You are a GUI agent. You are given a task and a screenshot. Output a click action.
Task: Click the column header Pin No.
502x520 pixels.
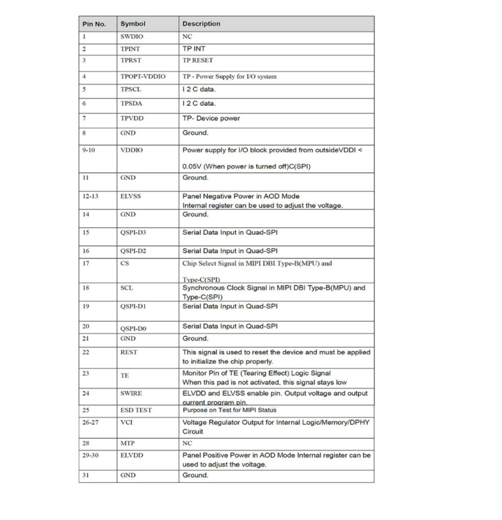[x=94, y=24]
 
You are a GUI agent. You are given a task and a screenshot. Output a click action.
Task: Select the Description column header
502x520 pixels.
[x=201, y=24]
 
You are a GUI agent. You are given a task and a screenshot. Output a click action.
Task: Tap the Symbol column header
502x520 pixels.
[x=133, y=24]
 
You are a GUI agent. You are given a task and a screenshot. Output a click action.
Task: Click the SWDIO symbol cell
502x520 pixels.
[x=132, y=37]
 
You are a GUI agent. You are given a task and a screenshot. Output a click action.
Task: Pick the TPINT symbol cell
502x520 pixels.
[x=130, y=49]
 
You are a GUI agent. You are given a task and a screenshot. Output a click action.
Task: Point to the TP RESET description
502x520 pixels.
[x=197, y=61]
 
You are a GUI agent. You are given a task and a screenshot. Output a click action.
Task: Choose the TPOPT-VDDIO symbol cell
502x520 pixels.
[x=143, y=77]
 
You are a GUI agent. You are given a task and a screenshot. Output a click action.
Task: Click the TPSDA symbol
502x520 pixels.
[x=131, y=104]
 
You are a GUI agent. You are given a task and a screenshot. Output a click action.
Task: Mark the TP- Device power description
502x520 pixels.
[x=211, y=119]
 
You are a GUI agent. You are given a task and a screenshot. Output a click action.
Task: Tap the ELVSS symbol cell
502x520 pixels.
[x=130, y=197]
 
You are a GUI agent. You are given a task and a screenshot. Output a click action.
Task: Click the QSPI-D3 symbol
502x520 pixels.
[x=134, y=233]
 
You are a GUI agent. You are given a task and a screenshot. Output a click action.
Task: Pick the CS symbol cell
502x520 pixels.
[x=125, y=264]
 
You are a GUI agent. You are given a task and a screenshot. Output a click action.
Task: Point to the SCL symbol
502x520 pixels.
[x=127, y=288]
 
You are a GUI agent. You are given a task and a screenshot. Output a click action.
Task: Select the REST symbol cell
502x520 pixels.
[x=129, y=352]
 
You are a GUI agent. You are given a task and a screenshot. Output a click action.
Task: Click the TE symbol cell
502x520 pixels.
[x=125, y=376]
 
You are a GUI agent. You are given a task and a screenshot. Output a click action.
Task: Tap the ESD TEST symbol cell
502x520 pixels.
[x=136, y=410]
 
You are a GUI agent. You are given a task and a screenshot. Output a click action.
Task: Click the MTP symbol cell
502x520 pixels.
[x=128, y=444]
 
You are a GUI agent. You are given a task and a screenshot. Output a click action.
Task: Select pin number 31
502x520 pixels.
[x=86, y=475]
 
